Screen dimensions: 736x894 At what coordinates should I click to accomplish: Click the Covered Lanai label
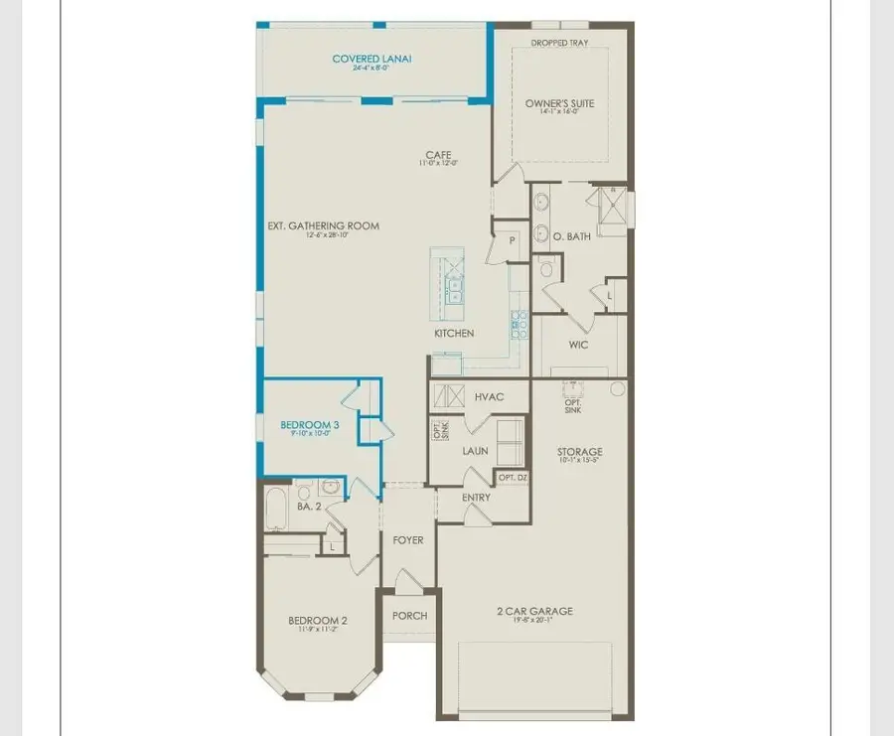[372, 59]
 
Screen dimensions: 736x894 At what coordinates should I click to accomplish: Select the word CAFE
[438, 154]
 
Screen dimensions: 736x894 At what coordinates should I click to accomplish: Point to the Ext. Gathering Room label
[323, 225]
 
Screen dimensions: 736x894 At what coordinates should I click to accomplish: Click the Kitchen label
[454, 333]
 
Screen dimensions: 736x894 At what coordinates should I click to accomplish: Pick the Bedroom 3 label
[309, 424]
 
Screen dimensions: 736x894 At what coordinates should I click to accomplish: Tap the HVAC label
[489, 396]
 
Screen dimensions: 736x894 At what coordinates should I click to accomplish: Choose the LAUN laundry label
[475, 450]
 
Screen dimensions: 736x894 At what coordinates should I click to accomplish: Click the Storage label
[579, 452]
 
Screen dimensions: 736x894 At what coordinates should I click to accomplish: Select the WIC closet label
[578, 345]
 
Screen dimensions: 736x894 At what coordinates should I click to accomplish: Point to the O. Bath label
[572, 236]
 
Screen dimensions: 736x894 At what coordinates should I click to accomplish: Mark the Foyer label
[407, 540]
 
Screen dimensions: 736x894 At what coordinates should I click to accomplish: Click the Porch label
[409, 616]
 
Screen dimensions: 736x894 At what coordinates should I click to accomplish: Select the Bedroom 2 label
[318, 621]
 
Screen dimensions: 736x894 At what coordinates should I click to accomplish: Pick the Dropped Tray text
[559, 43]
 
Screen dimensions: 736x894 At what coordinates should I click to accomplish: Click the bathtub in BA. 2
[275, 509]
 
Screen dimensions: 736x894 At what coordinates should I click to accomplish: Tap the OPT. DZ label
[513, 478]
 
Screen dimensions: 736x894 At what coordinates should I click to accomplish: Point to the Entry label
[476, 497]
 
